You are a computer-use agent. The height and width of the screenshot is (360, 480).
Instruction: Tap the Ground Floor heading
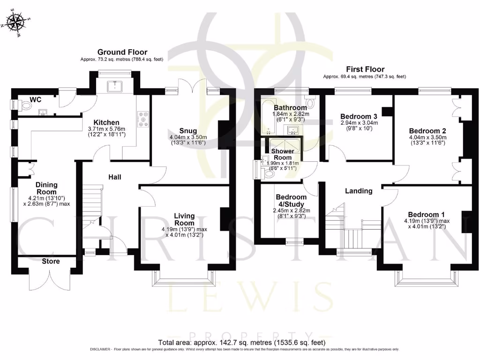pyautogui.click(x=122, y=52)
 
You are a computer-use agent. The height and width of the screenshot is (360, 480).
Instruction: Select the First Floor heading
pyautogui.click(x=365, y=68)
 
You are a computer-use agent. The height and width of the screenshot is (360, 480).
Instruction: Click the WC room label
pyautogui.click(x=36, y=99)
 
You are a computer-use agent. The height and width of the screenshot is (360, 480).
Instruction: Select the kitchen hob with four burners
pyautogui.click(x=142, y=119)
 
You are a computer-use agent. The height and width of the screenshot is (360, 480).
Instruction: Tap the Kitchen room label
pyautogui.click(x=106, y=122)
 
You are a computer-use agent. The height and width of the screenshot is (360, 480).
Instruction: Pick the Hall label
pyautogui.click(x=115, y=177)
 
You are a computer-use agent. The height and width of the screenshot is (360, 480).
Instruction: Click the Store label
pyautogui.click(x=51, y=261)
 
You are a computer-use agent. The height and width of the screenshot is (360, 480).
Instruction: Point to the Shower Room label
pyautogui.click(x=283, y=154)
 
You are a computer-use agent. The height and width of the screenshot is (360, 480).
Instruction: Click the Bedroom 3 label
pyautogui.click(x=359, y=116)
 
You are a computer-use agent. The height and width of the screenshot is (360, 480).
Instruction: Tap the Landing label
pyautogui.click(x=359, y=191)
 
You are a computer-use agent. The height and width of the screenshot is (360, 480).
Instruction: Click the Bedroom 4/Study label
pyautogui.click(x=291, y=201)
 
